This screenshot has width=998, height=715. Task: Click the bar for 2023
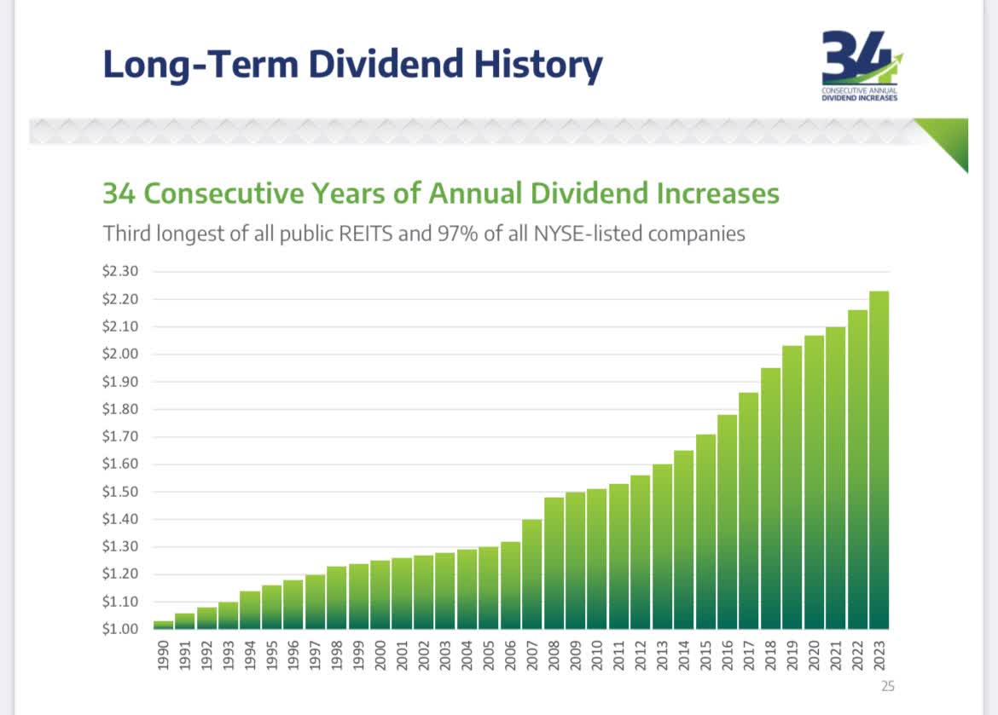[879, 460]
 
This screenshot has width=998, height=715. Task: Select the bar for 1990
[163, 625]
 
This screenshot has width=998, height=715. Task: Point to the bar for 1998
[337, 597]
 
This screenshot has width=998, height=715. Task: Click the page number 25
[886, 684]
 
